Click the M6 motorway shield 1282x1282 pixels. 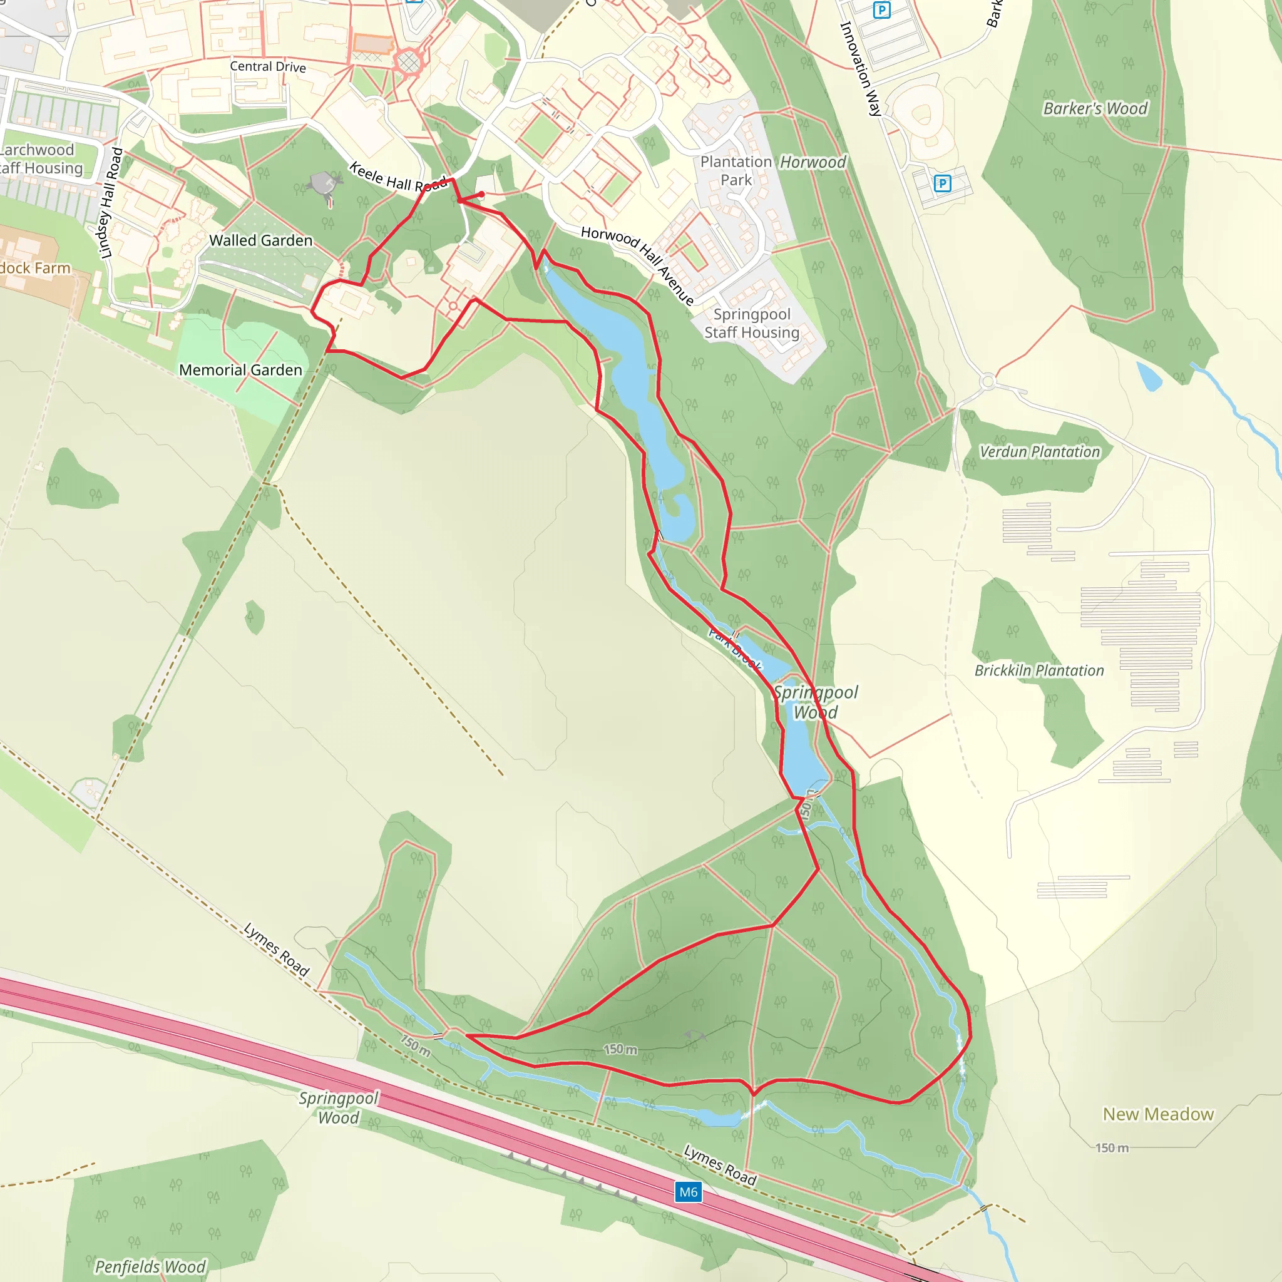(688, 1192)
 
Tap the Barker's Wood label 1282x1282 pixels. (1095, 108)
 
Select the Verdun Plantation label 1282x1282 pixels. (1039, 452)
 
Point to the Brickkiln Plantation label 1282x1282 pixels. (1038, 670)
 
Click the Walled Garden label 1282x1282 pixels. (261, 240)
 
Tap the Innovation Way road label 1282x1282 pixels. (861, 68)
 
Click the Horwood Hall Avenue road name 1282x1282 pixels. (638, 265)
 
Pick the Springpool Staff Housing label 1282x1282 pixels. (751, 323)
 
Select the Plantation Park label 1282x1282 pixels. (736, 170)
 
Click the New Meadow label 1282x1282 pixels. (1158, 1114)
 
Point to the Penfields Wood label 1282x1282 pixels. (151, 1266)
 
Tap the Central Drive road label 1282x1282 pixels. (267, 66)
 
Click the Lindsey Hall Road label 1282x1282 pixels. (110, 203)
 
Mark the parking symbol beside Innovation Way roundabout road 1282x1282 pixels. (941, 183)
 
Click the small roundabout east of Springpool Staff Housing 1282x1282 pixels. (987, 382)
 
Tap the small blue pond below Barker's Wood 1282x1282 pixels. (1149, 377)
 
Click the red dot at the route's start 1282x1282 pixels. (481, 194)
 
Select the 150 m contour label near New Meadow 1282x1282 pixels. (1112, 1147)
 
